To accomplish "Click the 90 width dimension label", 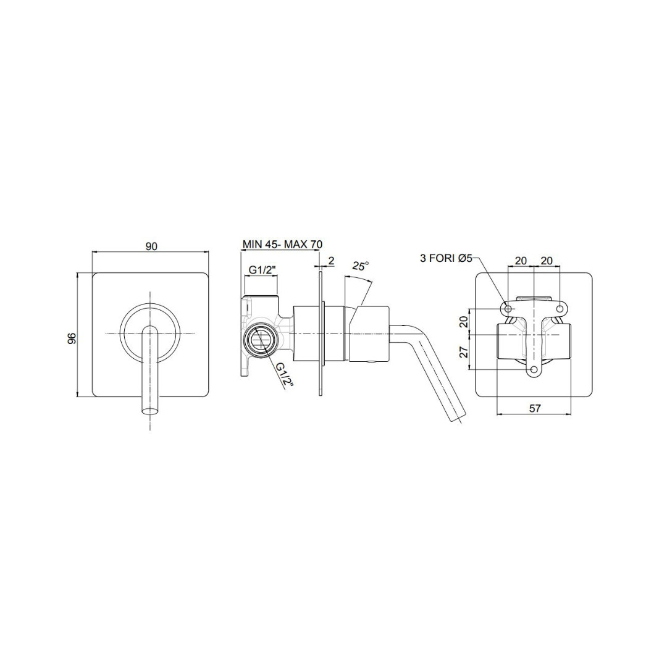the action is pos(152,246).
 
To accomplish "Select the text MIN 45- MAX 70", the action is pos(282,244).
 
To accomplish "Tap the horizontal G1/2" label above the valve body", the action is pos(263,270).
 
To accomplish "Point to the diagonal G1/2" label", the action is pos(285,374).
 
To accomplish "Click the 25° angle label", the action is pos(360,266).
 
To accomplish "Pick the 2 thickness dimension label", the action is pos(332,261).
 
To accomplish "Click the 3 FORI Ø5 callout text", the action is pos(447,258).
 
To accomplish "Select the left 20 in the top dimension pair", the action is pos(521,261).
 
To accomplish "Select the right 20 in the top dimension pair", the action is pos(547,261).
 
